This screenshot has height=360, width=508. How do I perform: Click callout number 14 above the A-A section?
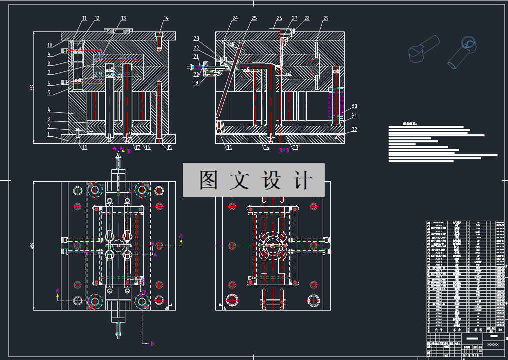(166, 18)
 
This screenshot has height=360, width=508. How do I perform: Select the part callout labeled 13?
(123, 18)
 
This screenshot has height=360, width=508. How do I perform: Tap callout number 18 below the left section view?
(84, 147)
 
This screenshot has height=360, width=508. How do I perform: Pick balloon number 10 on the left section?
(49, 45)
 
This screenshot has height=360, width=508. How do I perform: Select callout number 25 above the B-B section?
(254, 18)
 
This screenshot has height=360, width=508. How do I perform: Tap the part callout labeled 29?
(326, 18)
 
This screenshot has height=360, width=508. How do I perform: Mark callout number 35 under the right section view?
(229, 147)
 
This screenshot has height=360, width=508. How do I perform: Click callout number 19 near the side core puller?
(196, 82)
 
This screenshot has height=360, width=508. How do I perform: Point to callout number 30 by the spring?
(354, 106)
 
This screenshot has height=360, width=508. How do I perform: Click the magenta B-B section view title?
(285, 150)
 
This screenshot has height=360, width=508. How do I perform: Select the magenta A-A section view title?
(117, 149)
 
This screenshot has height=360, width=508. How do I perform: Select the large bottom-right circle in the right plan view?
(314, 300)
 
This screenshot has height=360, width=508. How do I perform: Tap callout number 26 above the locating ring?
(279, 18)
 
